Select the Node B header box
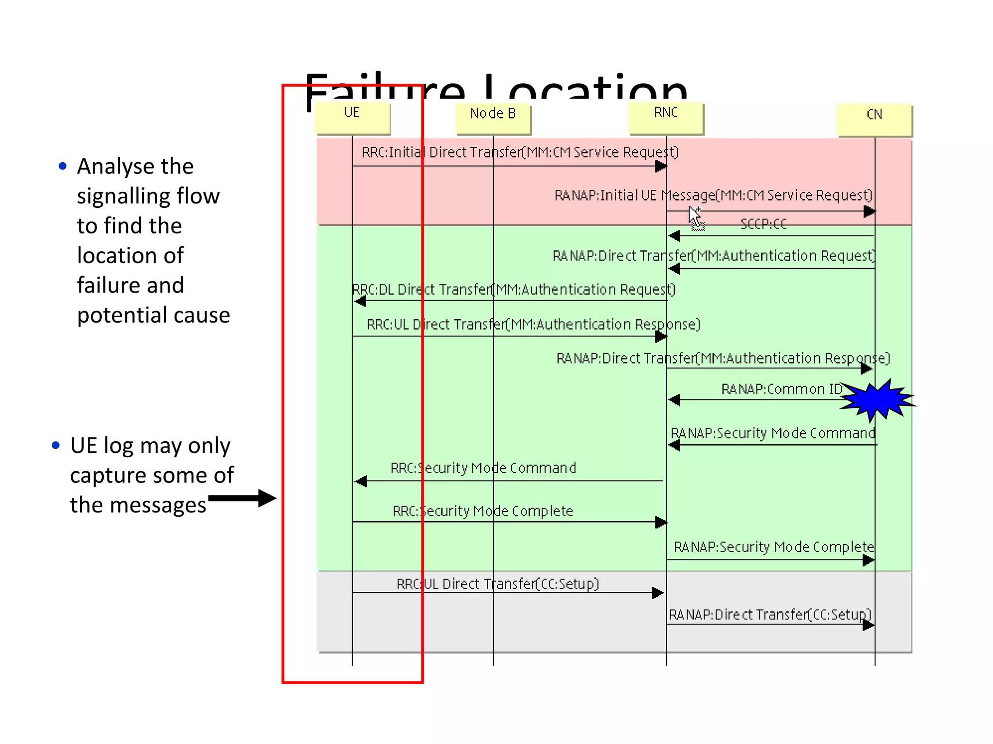point(493,118)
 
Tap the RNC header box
point(665,117)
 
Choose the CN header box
point(874,119)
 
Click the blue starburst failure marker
point(877,399)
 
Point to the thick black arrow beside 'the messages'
point(242,498)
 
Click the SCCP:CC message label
point(763,224)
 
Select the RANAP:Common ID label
point(781,389)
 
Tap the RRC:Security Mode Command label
point(483,468)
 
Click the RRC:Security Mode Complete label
point(482,511)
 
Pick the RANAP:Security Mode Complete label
point(773,547)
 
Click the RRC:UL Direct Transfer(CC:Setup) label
point(497,584)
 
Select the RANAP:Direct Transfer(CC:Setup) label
point(770,615)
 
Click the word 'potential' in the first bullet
point(114,315)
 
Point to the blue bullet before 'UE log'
point(56,445)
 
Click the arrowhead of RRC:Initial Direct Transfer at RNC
point(661,167)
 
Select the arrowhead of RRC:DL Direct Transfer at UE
point(360,301)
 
